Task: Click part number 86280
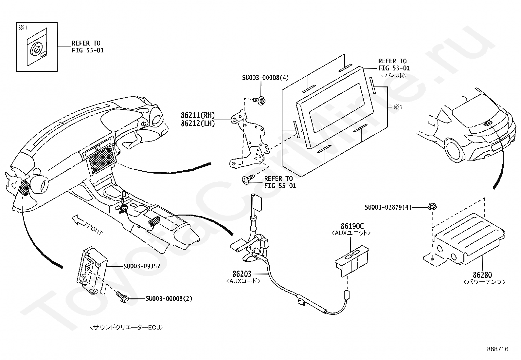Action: tap(482, 275)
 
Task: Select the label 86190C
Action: tap(352, 226)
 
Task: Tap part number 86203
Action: tap(242, 274)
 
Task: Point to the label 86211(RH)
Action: tap(198, 115)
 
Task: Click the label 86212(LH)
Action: tap(198, 124)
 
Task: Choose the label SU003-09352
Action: tap(142, 266)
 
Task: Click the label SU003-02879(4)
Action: tap(388, 207)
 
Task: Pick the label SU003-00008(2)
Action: tap(169, 298)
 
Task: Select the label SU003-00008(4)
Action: tap(265, 78)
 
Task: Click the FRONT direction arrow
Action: tap(79, 220)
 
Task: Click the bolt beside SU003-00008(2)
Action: tap(122, 296)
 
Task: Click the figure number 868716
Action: tap(497, 349)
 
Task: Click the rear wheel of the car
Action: tap(453, 149)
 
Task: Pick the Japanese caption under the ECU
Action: tap(126, 327)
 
